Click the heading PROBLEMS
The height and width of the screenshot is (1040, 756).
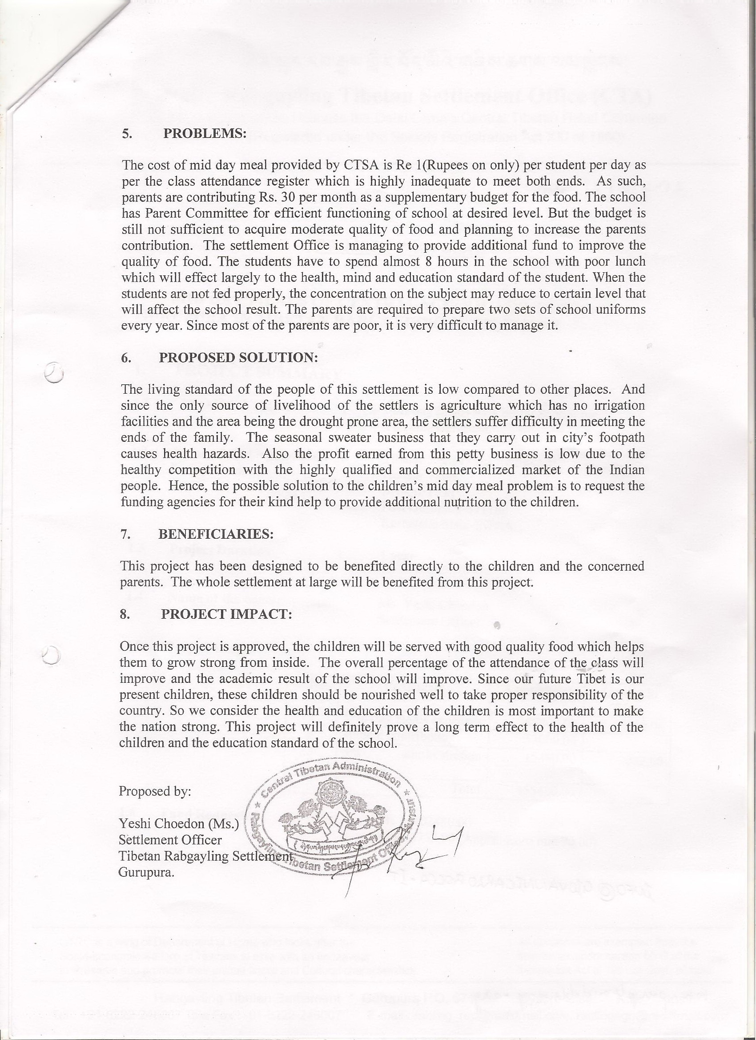point(205,133)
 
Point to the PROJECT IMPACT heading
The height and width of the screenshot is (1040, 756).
point(226,615)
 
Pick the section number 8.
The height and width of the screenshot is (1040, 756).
point(124,615)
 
